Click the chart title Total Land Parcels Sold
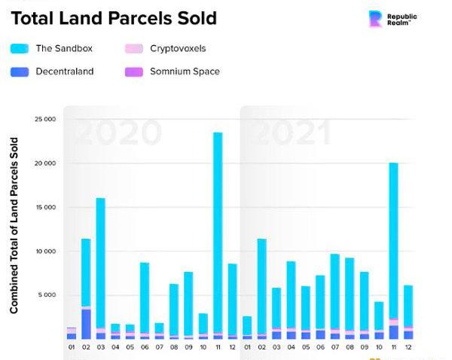(114, 18)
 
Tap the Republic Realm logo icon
(374, 18)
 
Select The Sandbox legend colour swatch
(20, 48)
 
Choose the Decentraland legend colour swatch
(20, 72)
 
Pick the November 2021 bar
(393, 241)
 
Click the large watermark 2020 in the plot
(119, 133)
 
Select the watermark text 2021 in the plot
(289, 133)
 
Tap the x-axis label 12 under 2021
(408, 347)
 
